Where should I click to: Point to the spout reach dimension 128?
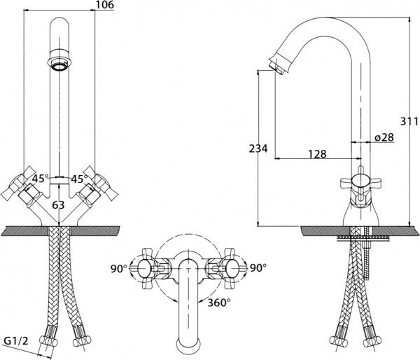pos(316,153)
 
